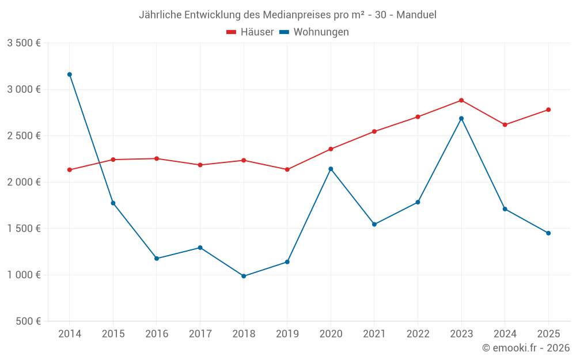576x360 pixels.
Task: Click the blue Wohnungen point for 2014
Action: coord(70,74)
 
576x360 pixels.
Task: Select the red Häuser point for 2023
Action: coord(461,100)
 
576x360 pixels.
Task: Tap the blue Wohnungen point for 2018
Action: coord(244,276)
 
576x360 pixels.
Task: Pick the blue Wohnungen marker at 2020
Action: coord(331,169)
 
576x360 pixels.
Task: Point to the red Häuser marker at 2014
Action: coord(70,170)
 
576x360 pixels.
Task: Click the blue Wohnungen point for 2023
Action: coord(461,119)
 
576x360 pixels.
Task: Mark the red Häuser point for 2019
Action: coord(287,169)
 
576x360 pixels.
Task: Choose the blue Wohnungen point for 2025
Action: coord(548,233)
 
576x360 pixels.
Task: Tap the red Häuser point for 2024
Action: coord(505,124)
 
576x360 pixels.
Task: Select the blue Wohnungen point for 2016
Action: coord(157,259)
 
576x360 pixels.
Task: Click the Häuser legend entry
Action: coord(250,32)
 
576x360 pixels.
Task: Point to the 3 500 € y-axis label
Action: coord(24,43)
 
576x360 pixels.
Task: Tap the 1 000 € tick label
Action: coord(24,275)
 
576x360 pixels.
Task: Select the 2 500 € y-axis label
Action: coord(24,136)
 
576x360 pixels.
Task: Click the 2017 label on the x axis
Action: coord(200,334)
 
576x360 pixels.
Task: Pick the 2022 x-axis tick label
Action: coord(418,334)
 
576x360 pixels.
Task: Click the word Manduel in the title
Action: coord(416,14)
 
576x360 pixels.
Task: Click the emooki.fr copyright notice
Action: coord(525,348)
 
